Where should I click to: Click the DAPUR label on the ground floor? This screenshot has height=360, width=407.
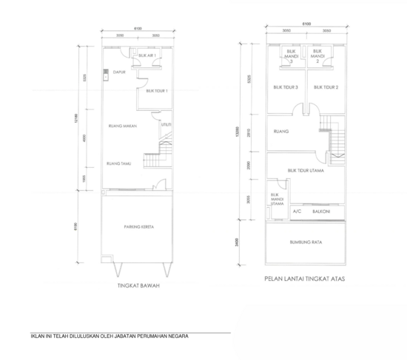pyautogui.click(x=118, y=72)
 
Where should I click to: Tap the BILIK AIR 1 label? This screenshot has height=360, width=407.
pyautogui.click(x=147, y=55)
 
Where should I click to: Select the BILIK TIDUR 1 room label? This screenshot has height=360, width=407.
pyautogui.click(x=158, y=91)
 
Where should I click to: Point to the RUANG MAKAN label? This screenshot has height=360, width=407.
pyautogui.click(x=119, y=126)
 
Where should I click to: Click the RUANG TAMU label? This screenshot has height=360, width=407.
pyautogui.click(x=118, y=163)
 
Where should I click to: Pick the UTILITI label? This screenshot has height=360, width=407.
pyautogui.click(x=166, y=125)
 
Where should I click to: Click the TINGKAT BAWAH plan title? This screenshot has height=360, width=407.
pyautogui.click(x=138, y=284)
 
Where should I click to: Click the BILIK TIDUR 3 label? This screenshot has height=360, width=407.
pyautogui.click(x=285, y=87)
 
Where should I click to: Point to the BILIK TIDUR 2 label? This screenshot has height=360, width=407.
pyautogui.click(x=326, y=87)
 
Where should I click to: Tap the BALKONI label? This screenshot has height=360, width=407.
pyautogui.click(x=321, y=211)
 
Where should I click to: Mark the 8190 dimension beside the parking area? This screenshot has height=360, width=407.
pyautogui.click(x=77, y=226)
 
